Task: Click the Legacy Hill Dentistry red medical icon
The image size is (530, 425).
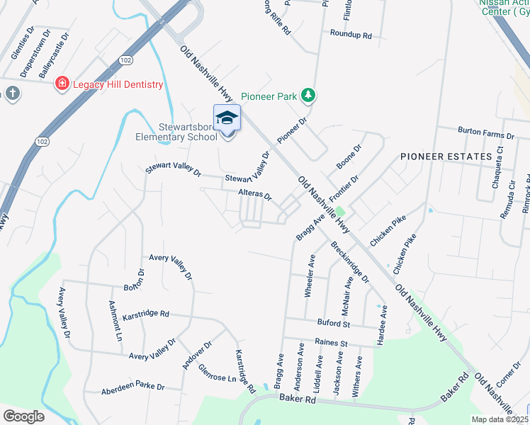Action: (x=62, y=84)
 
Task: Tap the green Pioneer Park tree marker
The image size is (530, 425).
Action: (x=308, y=95)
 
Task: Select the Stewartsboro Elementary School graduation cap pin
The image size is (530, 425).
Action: (x=227, y=118)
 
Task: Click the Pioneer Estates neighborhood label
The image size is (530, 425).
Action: (x=446, y=156)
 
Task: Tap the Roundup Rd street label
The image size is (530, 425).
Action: (x=351, y=34)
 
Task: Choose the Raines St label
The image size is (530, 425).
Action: (x=332, y=343)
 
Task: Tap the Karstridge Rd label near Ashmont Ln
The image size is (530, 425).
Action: (x=146, y=313)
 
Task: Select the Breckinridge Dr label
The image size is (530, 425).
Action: (x=350, y=262)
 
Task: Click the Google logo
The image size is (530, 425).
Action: (x=23, y=416)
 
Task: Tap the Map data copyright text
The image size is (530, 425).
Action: (x=499, y=419)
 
